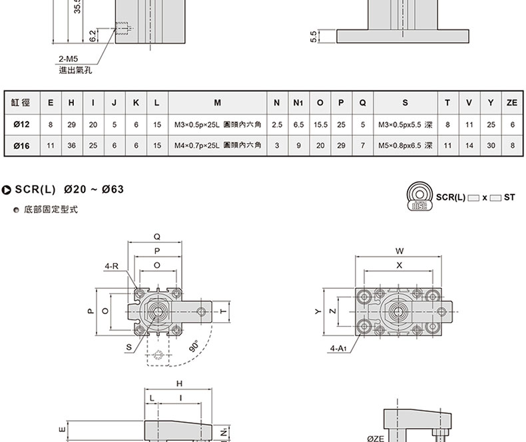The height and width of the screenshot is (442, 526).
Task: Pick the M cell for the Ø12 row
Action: (x=217, y=124)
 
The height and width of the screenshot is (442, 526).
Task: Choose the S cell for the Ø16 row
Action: (x=405, y=144)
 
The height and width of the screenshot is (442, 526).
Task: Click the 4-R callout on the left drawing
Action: (x=111, y=266)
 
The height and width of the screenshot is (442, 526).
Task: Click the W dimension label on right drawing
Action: (x=399, y=251)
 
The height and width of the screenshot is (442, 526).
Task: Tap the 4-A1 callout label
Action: (x=339, y=347)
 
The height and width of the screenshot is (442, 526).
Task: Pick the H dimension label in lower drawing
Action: (x=179, y=383)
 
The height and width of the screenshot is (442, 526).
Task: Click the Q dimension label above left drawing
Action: (x=156, y=236)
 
